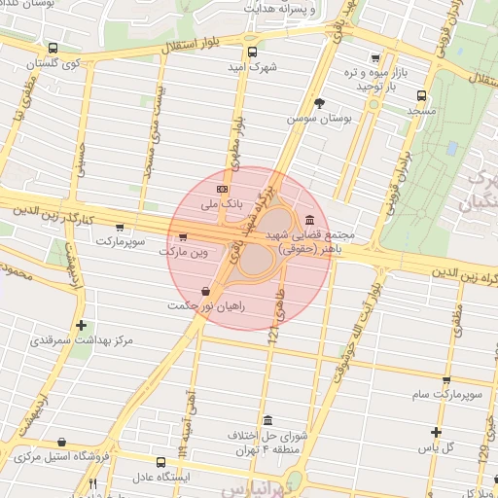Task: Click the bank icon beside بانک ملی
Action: coord(223,189)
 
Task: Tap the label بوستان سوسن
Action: coord(316,118)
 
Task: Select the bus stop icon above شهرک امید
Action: coord(253,53)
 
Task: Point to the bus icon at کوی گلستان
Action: coord(51,48)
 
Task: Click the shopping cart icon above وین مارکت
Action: coord(182,236)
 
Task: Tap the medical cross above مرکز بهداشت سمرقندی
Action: coord(81,326)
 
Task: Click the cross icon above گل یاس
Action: coord(437,432)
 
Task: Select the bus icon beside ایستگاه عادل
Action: coord(162,462)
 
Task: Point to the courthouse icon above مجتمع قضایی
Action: coord(309,220)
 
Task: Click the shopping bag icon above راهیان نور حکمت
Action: coord(204,292)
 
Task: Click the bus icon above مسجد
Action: coord(421,95)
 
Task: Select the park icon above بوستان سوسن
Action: coord(319,102)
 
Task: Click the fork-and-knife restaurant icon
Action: coord(93,483)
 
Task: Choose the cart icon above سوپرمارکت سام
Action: coord(445,380)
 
